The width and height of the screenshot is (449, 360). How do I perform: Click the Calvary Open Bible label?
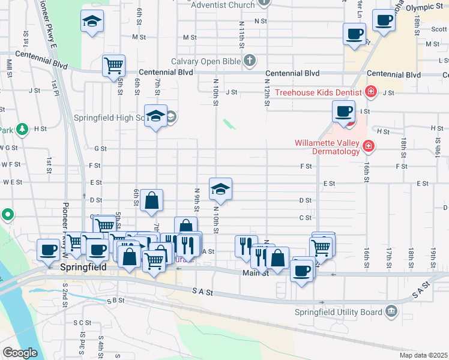click(x=205, y=61)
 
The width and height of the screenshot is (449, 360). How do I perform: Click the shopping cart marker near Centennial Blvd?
click(x=113, y=65)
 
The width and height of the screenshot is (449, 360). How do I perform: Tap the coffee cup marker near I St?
click(x=344, y=111)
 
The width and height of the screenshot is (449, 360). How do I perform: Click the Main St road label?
click(x=254, y=273)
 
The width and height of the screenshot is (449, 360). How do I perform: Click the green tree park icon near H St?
click(x=22, y=128)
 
